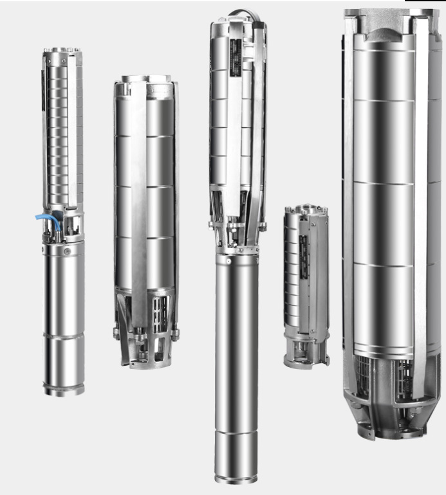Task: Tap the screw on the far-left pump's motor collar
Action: pyautogui.click(x=64, y=252)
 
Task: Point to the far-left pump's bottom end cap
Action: pyautogui.click(x=64, y=390)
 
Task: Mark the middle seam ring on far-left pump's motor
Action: pyautogui.click(x=64, y=334)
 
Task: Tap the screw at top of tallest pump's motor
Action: pyautogui.click(x=228, y=261)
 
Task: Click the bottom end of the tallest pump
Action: pyautogui.click(x=237, y=477)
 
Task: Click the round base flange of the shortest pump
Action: pyautogui.click(x=306, y=362)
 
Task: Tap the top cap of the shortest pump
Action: pyautogui.click(x=306, y=210)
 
